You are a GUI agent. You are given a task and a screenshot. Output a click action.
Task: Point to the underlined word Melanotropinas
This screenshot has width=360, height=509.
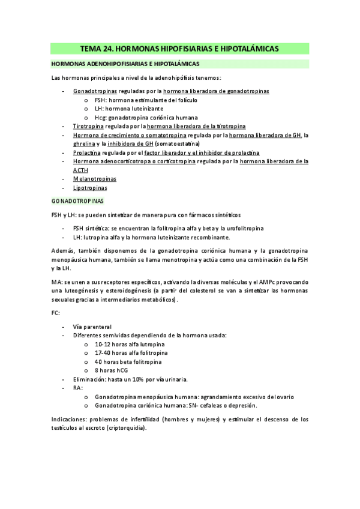coord(95,179)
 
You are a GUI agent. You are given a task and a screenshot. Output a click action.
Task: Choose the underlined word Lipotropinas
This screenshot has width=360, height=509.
coord(91,188)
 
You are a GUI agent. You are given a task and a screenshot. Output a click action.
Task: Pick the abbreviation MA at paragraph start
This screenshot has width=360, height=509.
coord(56,282)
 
